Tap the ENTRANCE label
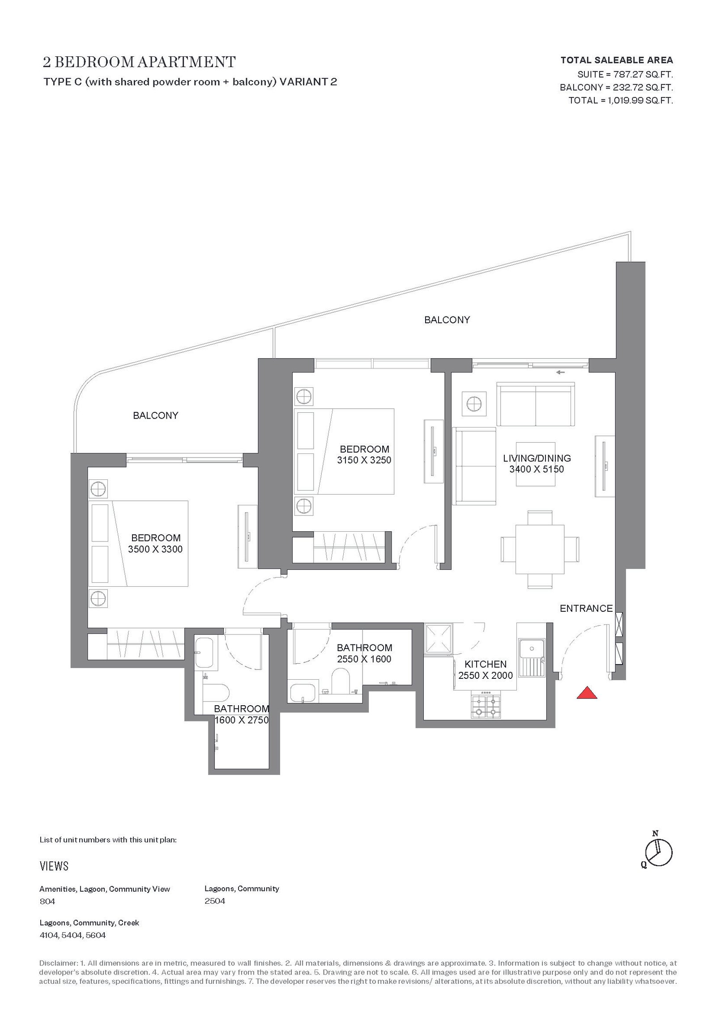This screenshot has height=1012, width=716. click(586, 608)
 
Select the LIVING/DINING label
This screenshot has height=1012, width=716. click(537, 458)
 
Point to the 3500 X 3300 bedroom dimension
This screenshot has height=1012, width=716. click(155, 549)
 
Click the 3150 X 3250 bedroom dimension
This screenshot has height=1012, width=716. click(364, 460)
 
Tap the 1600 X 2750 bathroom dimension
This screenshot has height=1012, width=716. click(242, 720)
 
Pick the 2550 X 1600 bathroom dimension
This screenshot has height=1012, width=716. click(364, 659)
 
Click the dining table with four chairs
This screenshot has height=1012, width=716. click(540, 549)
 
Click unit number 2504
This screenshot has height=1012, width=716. click(215, 901)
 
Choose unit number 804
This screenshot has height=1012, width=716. click(47, 901)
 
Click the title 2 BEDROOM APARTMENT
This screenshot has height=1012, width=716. click(139, 62)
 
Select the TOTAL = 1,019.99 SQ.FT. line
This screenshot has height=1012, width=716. click(621, 100)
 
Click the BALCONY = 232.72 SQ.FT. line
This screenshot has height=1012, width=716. click(617, 87)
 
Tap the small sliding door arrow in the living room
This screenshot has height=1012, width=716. click(560, 372)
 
